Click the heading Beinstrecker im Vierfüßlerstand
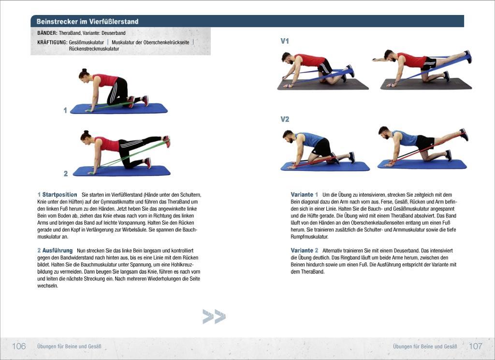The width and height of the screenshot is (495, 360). [87, 21]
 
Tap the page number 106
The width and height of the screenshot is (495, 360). [19, 346]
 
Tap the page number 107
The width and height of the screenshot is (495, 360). [476, 346]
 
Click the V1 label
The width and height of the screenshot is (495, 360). [285, 41]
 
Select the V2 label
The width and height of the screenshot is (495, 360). [285, 119]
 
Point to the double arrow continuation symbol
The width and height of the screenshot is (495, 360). [214, 317]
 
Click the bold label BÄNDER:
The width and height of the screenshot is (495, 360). [47, 33]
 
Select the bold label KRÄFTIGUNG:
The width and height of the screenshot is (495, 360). [52, 43]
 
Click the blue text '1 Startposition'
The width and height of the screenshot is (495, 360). [57, 195]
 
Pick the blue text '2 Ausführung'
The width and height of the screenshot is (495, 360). [55, 251]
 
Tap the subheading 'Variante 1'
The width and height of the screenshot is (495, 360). [305, 195]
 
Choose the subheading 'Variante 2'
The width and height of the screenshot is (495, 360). [305, 251]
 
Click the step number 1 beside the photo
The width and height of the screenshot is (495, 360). [65, 110]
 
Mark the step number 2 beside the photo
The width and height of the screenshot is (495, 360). [66, 173]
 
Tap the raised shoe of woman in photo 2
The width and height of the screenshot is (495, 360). [167, 141]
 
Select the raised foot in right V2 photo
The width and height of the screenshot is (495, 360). [464, 134]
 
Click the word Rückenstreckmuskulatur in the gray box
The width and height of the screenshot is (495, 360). [94, 49]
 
